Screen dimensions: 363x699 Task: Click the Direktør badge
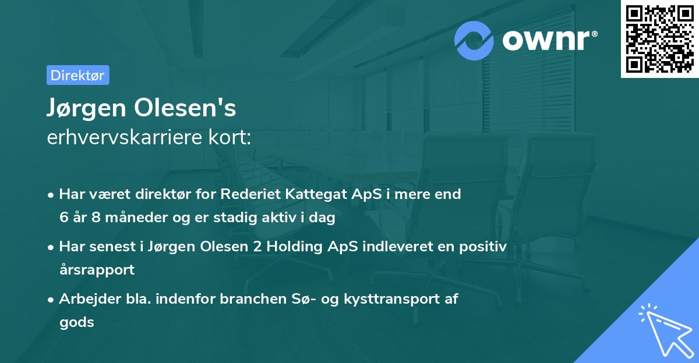(77, 75)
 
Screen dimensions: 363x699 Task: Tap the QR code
(659, 39)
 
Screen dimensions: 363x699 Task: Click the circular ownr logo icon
(475, 40)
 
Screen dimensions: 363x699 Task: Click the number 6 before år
(63, 218)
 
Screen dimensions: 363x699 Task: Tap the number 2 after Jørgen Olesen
(257, 247)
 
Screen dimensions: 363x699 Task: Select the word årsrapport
(97, 270)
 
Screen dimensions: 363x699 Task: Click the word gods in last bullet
(76, 322)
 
